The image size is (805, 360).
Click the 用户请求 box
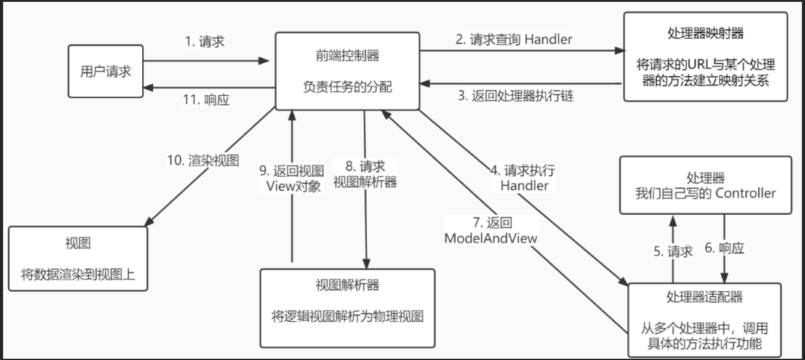point(105,71)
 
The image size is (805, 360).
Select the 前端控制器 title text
point(346,56)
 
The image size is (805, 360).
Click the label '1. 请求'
point(204,42)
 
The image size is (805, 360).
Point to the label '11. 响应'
point(207,100)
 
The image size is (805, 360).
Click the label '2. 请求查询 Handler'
point(514,39)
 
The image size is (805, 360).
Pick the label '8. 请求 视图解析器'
point(365,174)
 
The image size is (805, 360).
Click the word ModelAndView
point(492,238)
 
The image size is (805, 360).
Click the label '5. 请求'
point(673,250)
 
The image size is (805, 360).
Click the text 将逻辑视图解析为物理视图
point(348,317)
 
